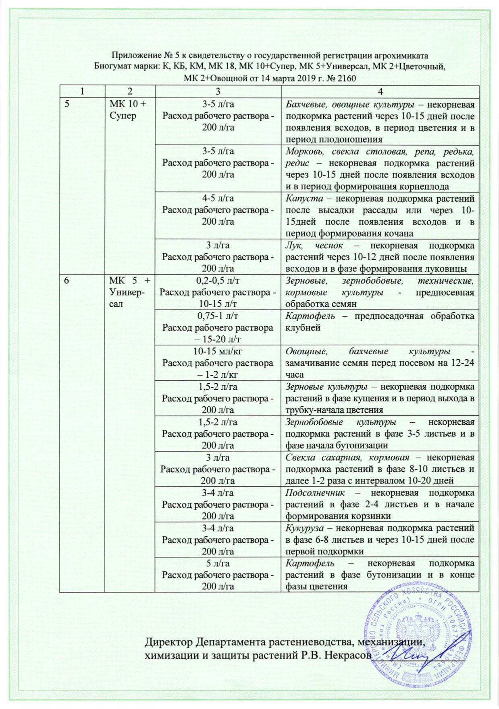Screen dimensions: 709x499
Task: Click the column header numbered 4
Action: point(380,91)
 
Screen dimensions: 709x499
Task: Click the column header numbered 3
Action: point(218,91)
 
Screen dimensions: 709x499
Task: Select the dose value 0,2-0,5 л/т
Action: point(218,281)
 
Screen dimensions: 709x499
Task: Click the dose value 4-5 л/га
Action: point(218,198)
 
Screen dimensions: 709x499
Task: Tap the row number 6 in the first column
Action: point(67,281)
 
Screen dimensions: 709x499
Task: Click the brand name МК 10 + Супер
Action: point(128,110)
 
